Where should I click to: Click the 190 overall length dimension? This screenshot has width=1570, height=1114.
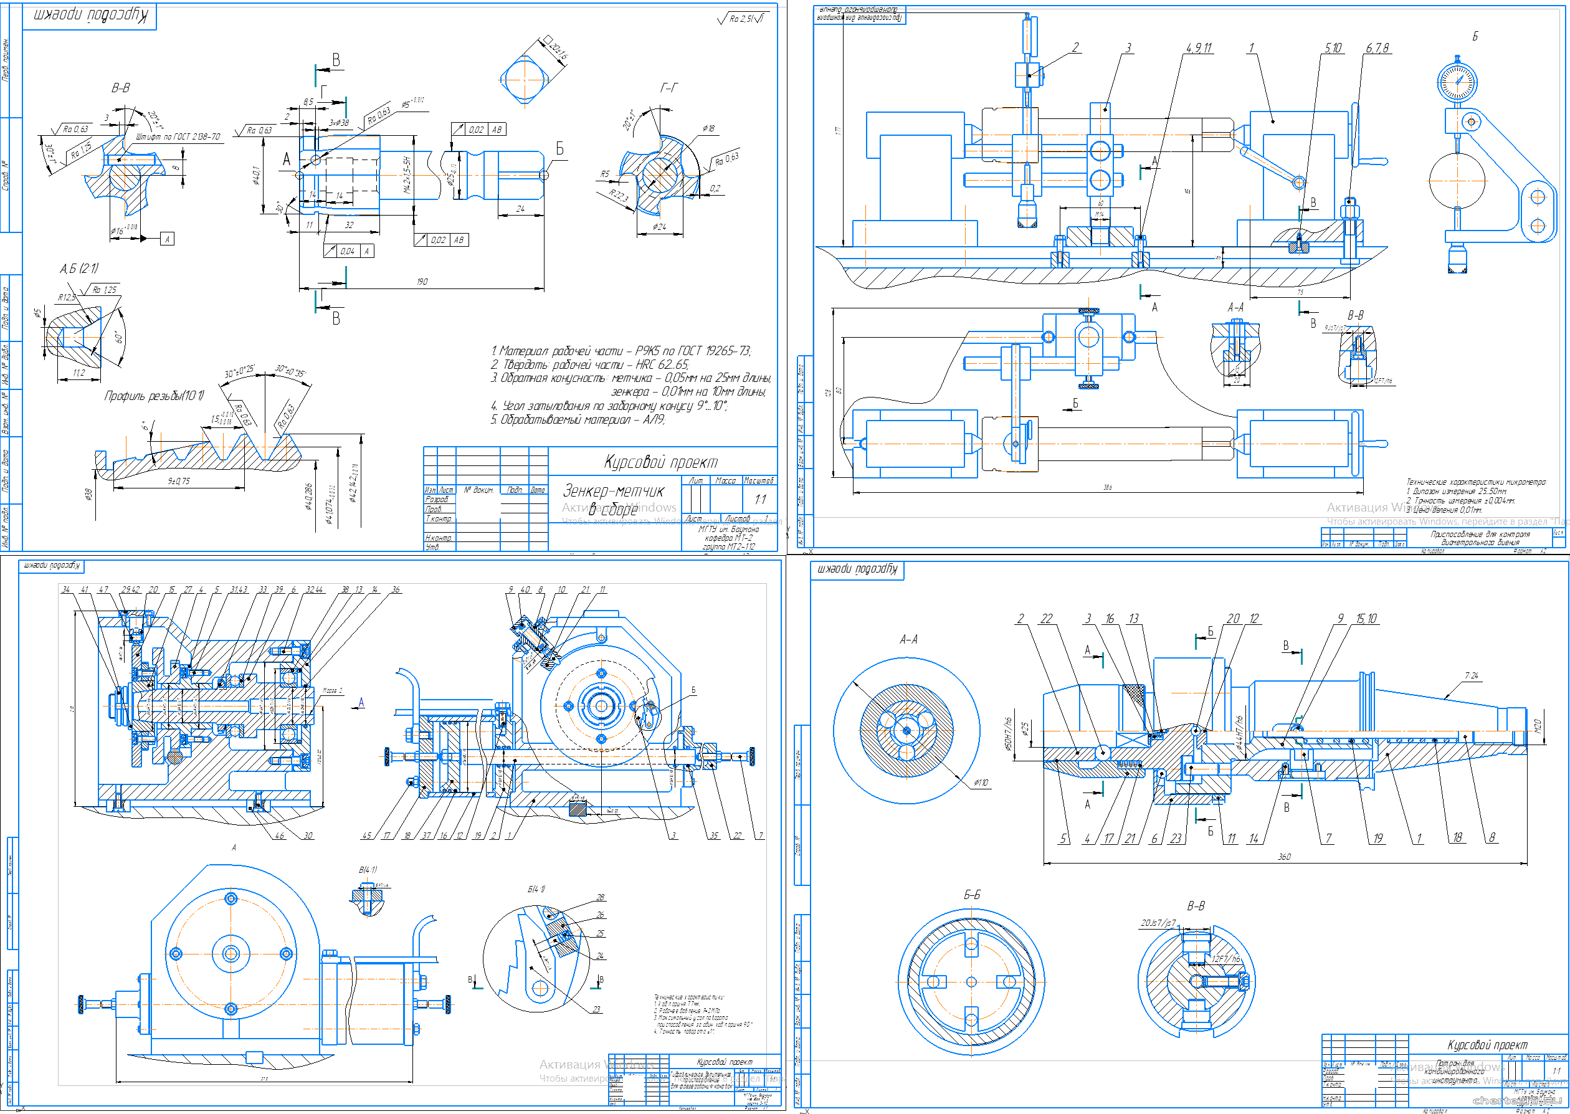pos(422,281)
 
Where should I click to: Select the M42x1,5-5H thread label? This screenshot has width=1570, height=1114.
pos(407,174)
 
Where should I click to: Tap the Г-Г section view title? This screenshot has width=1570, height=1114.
pos(668,88)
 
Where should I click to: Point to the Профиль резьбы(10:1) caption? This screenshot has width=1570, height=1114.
pos(154,396)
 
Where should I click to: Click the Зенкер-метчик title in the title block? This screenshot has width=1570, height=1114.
pos(613,491)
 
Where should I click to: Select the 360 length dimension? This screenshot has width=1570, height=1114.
pos(1284,857)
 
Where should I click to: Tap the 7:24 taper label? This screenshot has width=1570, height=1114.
pos(1471,675)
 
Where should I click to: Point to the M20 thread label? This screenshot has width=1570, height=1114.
pos(1536,726)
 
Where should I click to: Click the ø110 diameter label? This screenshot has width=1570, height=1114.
pos(981,782)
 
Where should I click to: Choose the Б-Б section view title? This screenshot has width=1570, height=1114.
pos(972,895)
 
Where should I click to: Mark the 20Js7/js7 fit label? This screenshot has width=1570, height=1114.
pos(1158,923)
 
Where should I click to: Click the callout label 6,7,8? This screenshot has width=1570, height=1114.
pos(1377,48)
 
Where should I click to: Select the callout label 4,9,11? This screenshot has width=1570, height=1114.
pos(1198,48)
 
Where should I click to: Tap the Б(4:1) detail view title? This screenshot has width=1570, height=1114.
pos(536,889)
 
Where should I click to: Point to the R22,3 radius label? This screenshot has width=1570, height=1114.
pos(619,197)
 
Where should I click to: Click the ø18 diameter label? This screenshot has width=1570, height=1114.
pos(708,128)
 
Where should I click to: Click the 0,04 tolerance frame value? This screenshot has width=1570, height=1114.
pos(348,251)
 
